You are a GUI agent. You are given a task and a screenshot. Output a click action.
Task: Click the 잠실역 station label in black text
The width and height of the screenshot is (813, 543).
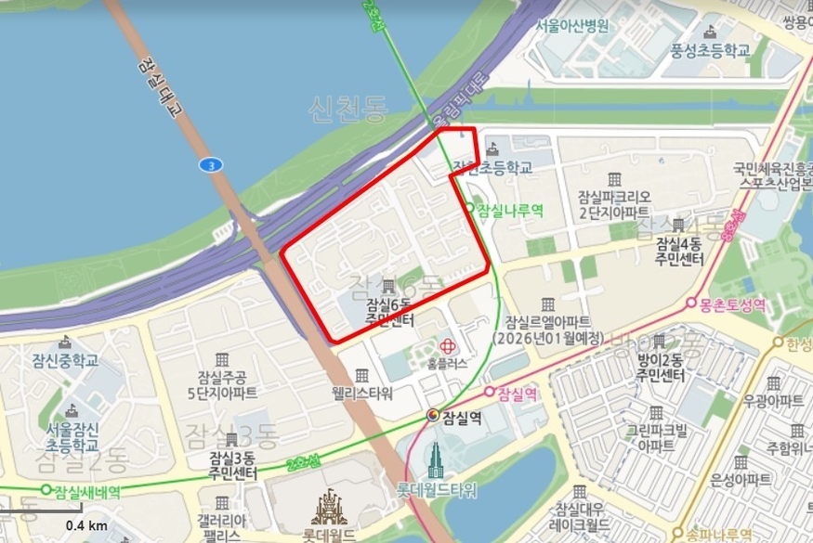tap(463, 417)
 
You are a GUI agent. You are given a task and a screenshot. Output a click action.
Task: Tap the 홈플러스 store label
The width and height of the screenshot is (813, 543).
tap(447, 363)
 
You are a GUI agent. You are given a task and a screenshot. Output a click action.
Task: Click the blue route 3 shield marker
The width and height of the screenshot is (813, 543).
tap(211, 165)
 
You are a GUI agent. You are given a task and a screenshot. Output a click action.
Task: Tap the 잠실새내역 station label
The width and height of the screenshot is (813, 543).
tap(87, 492)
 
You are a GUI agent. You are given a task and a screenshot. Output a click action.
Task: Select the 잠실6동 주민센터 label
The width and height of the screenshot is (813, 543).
tap(389, 311)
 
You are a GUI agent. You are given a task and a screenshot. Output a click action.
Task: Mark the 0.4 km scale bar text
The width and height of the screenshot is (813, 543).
tap(85, 526)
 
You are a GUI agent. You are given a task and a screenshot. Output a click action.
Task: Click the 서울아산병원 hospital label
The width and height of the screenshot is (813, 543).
tap(571, 26)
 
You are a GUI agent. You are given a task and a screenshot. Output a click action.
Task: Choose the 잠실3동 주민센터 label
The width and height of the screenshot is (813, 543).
tap(232, 466)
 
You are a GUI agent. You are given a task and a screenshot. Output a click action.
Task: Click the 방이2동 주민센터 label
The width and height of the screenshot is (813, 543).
tap(660, 368)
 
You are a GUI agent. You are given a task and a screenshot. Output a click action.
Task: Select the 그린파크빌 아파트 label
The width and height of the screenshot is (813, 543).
tap(656, 437)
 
